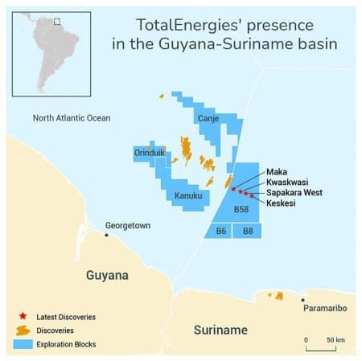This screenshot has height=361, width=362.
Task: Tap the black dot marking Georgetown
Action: click(x=107, y=235)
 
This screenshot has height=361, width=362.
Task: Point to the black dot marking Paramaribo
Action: click(x=303, y=300)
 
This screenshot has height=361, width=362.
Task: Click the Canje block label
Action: click(x=209, y=119)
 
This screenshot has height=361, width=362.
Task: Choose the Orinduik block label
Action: click(x=151, y=152)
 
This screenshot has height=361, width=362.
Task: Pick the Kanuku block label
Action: click(x=187, y=195)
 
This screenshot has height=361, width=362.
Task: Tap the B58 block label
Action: click(x=241, y=209)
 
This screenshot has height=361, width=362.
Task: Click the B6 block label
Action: click(x=220, y=232)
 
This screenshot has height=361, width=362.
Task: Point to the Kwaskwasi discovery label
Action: click(x=286, y=183)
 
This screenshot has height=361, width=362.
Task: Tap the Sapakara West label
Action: click(x=294, y=193)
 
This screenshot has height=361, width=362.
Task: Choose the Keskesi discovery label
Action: click(x=281, y=203)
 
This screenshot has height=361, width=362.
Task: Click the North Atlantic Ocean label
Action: click(x=71, y=118)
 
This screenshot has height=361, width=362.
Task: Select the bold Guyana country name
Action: click(x=107, y=275)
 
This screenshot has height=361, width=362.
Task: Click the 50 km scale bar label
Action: click(x=335, y=339)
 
